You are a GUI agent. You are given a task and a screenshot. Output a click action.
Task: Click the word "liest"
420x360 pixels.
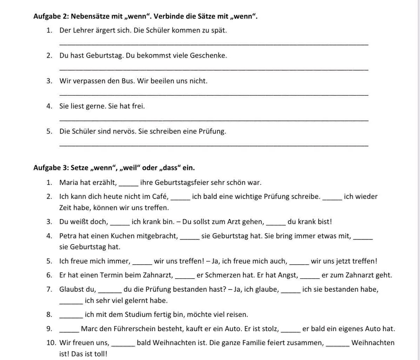(x=77, y=106)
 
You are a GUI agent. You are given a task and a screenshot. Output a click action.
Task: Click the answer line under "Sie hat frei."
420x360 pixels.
(x=214, y=120)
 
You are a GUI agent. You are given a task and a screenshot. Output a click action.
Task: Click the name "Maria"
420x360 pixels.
(x=69, y=182)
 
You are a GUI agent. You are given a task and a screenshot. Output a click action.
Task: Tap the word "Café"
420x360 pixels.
(x=160, y=196)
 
